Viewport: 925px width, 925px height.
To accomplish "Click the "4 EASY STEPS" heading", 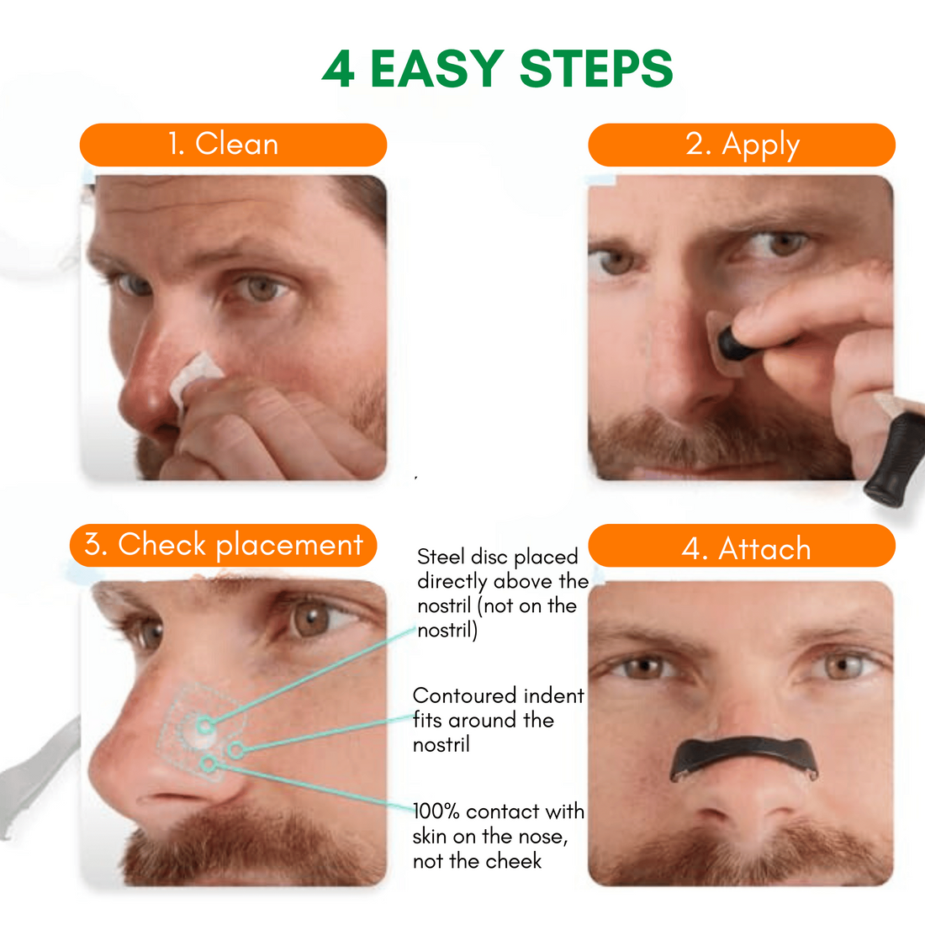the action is pos(497,69).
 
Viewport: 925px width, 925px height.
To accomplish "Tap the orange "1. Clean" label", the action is pos(233,145).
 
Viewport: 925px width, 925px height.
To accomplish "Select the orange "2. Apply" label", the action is pos(742,145).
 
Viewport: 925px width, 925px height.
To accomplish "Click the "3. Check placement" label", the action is pos(223,545).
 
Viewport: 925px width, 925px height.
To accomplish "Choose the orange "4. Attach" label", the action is pos(742,547).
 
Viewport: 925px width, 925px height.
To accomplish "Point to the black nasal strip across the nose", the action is pos(744,757).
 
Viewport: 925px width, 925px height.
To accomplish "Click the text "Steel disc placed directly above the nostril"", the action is pos(503,594).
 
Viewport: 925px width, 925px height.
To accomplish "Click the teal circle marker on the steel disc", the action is pos(204,725).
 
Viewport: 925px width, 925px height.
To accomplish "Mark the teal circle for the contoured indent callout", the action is pos(236,750).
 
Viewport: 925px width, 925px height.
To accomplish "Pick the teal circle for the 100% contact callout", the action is pos(208,764).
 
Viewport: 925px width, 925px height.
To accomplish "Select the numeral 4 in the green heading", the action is pos(339,70).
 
